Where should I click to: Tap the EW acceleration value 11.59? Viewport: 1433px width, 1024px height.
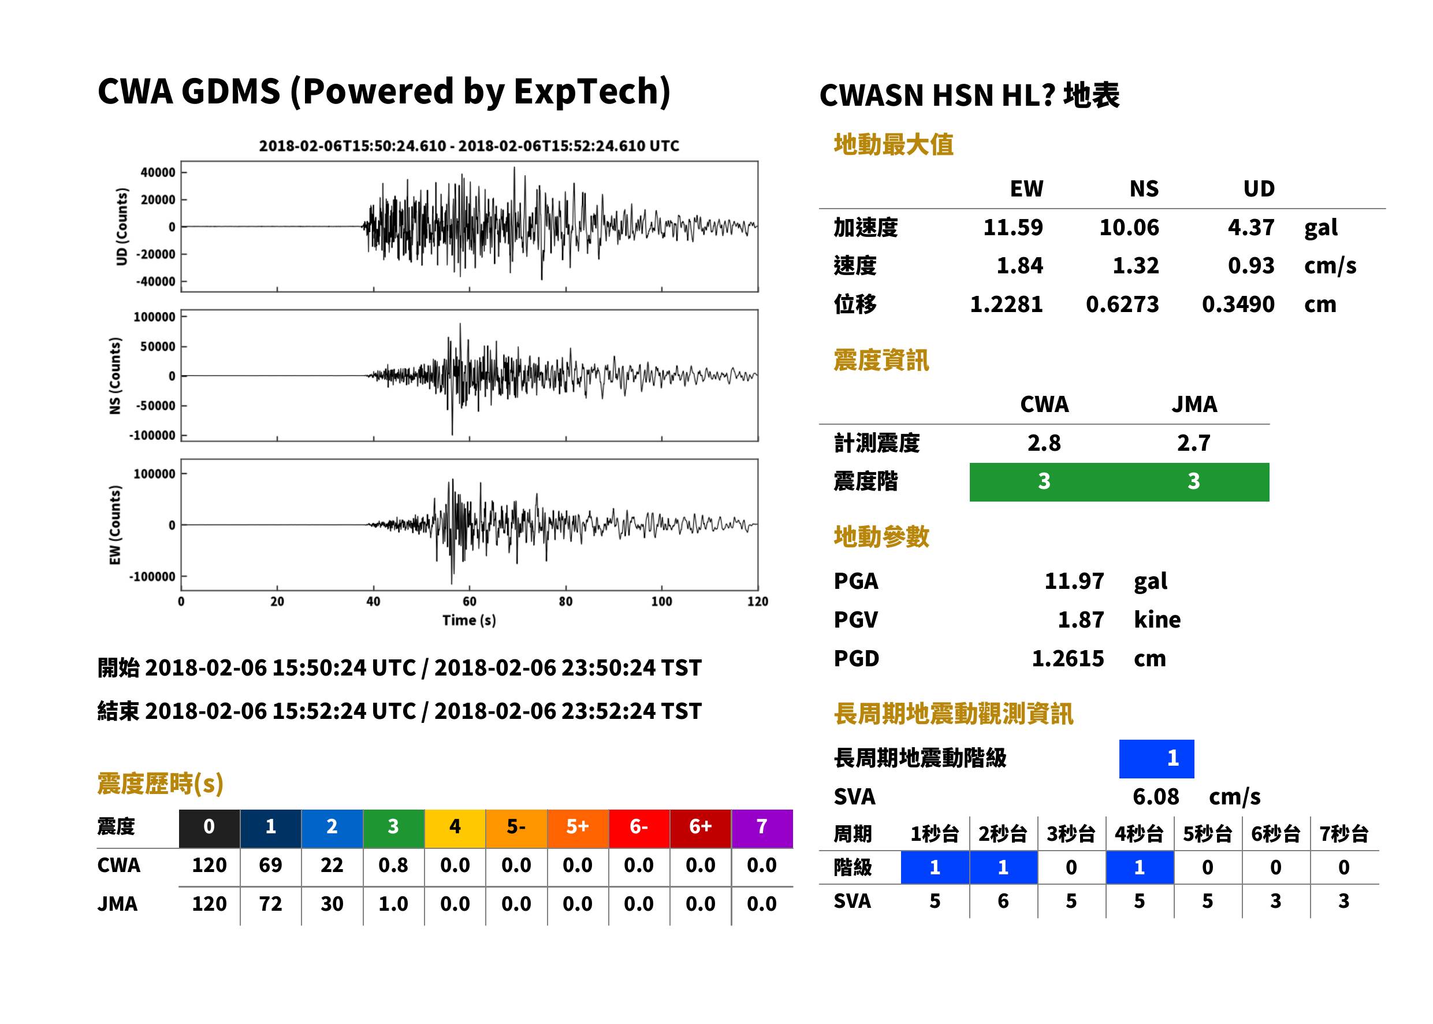pyautogui.click(x=1013, y=228)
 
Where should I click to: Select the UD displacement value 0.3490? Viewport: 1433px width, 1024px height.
pyautogui.click(x=1238, y=305)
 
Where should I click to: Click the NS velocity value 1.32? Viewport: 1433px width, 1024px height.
pyautogui.click(x=1136, y=266)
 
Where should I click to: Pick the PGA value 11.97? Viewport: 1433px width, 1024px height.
pyautogui.click(x=1074, y=581)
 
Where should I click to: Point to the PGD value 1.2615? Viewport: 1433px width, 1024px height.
pyautogui.click(x=1068, y=659)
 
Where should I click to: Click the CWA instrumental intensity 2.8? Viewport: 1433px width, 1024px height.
pyautogui.click(x=1044, y=443)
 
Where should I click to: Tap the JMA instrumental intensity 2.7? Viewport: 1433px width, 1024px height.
pyautogui.click(x=1193, y=443)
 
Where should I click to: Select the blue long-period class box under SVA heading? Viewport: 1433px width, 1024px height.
pyautogui.click(x=1156, y=759)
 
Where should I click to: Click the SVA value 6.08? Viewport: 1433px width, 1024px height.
pyautogui.click(x=1156, y=797)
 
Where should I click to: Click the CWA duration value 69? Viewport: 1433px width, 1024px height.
pyautogui.click(x=270, y=865)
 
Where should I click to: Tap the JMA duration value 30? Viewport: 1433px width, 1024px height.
pyautogui.click(x=332, y=904)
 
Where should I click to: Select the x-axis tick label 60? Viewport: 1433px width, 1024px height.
pyautogui.click(x=470, y=602)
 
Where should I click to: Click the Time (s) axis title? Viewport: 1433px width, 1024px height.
pyautogui.click(x=470, y=621)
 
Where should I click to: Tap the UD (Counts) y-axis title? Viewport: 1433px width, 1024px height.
pyautogui.click(x=122, y=227)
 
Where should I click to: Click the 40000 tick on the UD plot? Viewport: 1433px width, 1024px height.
pyautogui.click(x=158, y=173)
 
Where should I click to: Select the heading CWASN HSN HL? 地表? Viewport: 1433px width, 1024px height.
pyautogui.click(x=969, y=96)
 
